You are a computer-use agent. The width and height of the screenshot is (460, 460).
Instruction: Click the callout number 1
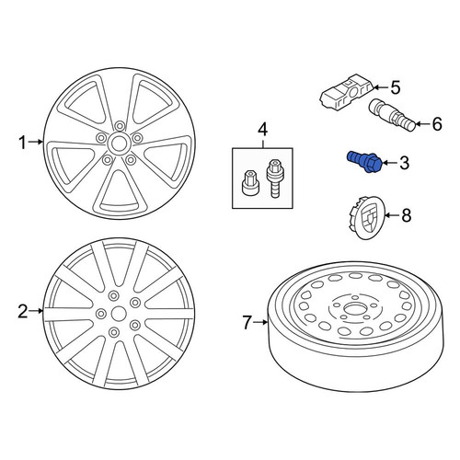[x=22, y=143]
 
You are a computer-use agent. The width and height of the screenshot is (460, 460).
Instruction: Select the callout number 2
[x=23, y=312]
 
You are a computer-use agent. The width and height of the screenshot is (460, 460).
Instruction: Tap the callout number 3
[x=404, y=163]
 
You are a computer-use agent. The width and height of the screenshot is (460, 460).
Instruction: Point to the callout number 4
[x=262, y=130]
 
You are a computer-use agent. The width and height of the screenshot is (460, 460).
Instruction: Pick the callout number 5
[x=396, y=88]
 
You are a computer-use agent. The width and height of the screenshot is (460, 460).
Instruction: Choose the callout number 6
[x=437, y=124]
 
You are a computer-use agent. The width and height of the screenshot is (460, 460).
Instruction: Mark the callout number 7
[x=247, y=323]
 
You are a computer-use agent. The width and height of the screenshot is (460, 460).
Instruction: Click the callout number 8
[x=406, y=215]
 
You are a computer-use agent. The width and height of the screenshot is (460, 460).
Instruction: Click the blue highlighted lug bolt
[x=364, y=162]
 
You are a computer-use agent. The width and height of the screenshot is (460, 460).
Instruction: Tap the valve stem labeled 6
[x=392, y=115]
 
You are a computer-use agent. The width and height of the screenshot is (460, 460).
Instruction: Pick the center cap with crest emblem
[x=365, y=216]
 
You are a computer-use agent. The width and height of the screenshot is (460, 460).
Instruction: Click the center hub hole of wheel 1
[x=117, y=143]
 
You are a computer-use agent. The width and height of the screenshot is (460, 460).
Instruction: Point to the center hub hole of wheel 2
[x=119, y=314]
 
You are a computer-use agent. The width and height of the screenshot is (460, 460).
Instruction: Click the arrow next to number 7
[x=262, y=322]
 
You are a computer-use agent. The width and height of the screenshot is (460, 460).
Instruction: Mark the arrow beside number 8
[x=391, y=215]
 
